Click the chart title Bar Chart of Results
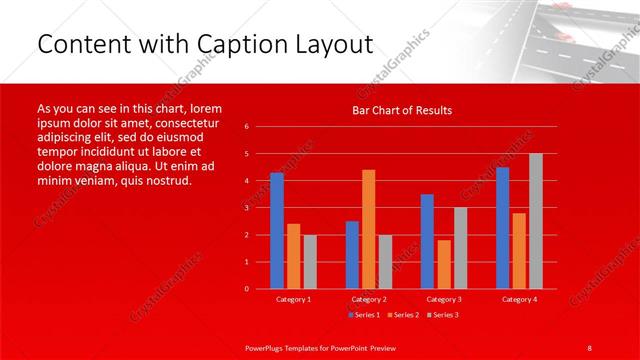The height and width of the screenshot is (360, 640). [401, 110]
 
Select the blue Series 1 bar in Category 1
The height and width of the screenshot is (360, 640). [277, 230]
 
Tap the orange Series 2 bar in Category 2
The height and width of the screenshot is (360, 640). [368, 229]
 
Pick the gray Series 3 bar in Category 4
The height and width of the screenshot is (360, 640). [536, 221]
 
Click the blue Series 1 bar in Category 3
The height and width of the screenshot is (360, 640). [427, 241]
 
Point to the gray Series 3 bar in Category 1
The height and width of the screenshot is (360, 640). [310, 261]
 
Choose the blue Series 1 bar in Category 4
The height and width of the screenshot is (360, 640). [502, 227]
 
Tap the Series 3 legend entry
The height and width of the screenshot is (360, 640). [444, 315]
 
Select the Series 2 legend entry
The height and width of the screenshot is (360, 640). [404, 315]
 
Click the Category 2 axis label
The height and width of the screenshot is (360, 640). [368, 299]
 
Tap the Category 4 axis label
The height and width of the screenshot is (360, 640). [519, 299]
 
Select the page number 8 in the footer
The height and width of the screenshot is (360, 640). [590, 346]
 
